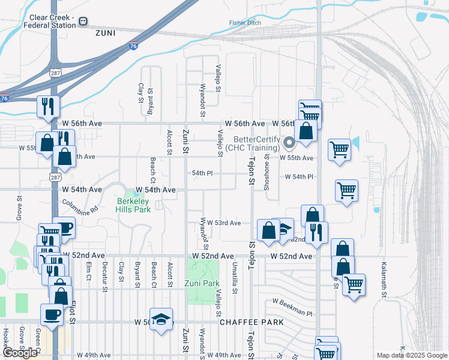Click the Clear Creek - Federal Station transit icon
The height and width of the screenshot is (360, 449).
pos(83,22)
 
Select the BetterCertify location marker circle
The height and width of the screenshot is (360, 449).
pos(289,143)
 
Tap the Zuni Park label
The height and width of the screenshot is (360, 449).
pos(202,283)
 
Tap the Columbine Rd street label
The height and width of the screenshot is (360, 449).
pos(79,206)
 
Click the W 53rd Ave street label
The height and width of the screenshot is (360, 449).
pos(224,223)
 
